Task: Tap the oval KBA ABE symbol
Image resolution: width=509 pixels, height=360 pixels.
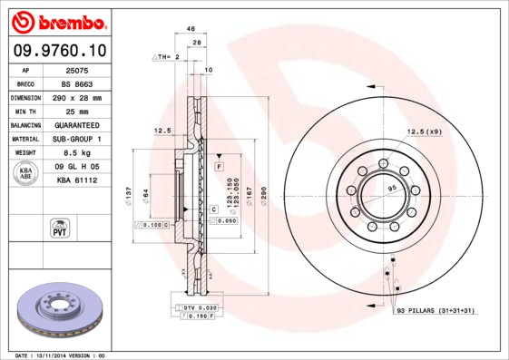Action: (x=26, y=174)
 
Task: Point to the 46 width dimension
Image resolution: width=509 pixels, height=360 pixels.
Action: (x=191, y=30)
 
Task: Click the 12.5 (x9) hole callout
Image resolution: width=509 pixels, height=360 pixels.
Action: (x=424, y=132)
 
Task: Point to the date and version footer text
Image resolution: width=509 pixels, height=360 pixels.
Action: (x=61, y=355)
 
